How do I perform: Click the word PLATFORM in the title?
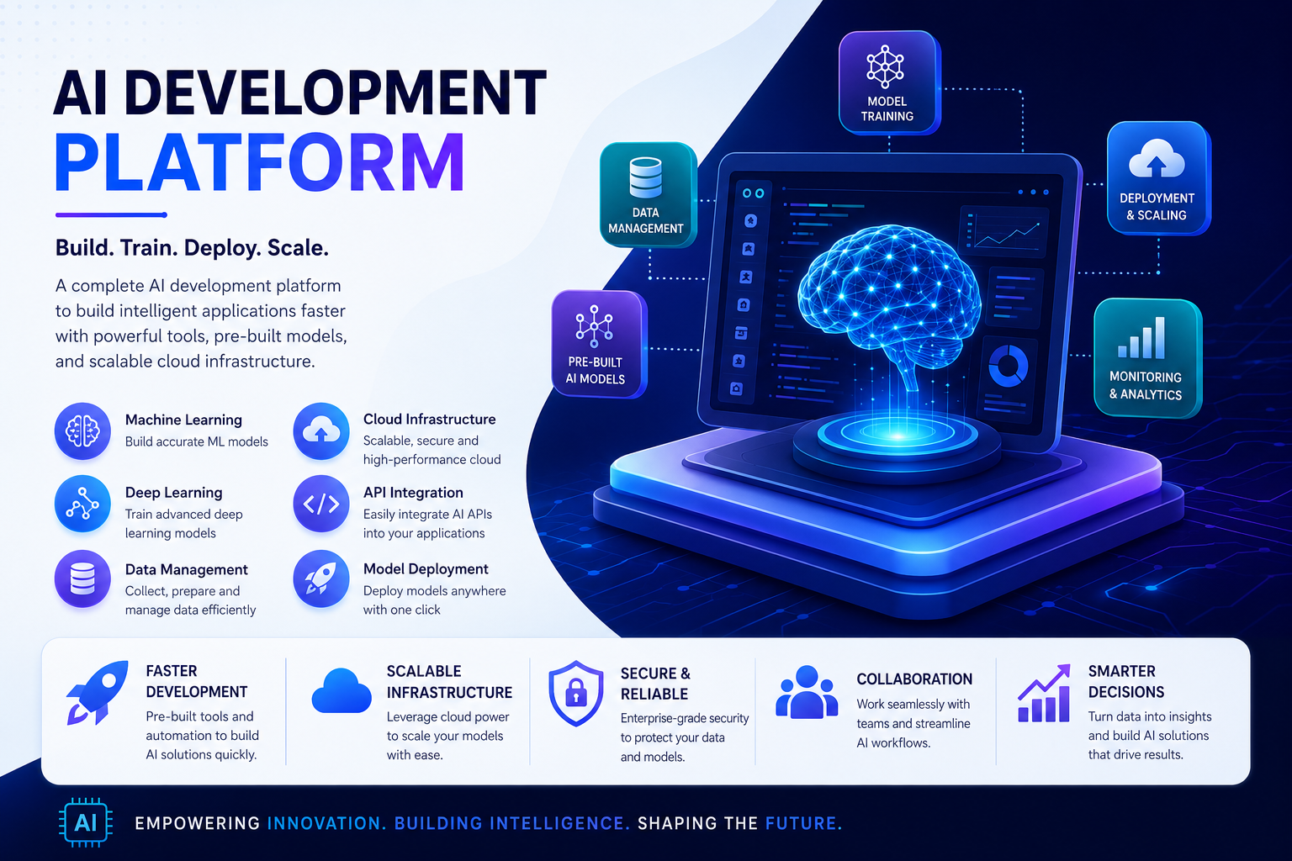tap(260, 162)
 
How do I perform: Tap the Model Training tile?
tap(889, 83)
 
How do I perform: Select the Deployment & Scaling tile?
tap(1158, 177)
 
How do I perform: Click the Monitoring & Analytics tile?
tap(1148, 357)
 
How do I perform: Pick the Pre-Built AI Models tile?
tap(599, 344)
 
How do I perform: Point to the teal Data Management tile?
tap(648, 195)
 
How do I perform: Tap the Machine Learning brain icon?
tap(82, 430)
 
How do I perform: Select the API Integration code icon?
tap(321, 504)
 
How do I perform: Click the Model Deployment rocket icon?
tap(321, 578)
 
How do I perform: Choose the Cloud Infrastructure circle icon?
tap(321, 430)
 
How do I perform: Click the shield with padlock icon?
tap(575, 693)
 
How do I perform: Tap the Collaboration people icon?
tap(807, 692)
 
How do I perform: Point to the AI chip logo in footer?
tap(85, 822)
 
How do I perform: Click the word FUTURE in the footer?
tap(803, 823)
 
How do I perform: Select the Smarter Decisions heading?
tap(1126, 681)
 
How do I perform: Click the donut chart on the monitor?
tap(1008, 367)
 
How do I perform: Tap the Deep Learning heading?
tap(173, 493)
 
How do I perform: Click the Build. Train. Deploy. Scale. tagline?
tap(192, 248)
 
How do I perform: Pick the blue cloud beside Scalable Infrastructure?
tap(342, 691)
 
